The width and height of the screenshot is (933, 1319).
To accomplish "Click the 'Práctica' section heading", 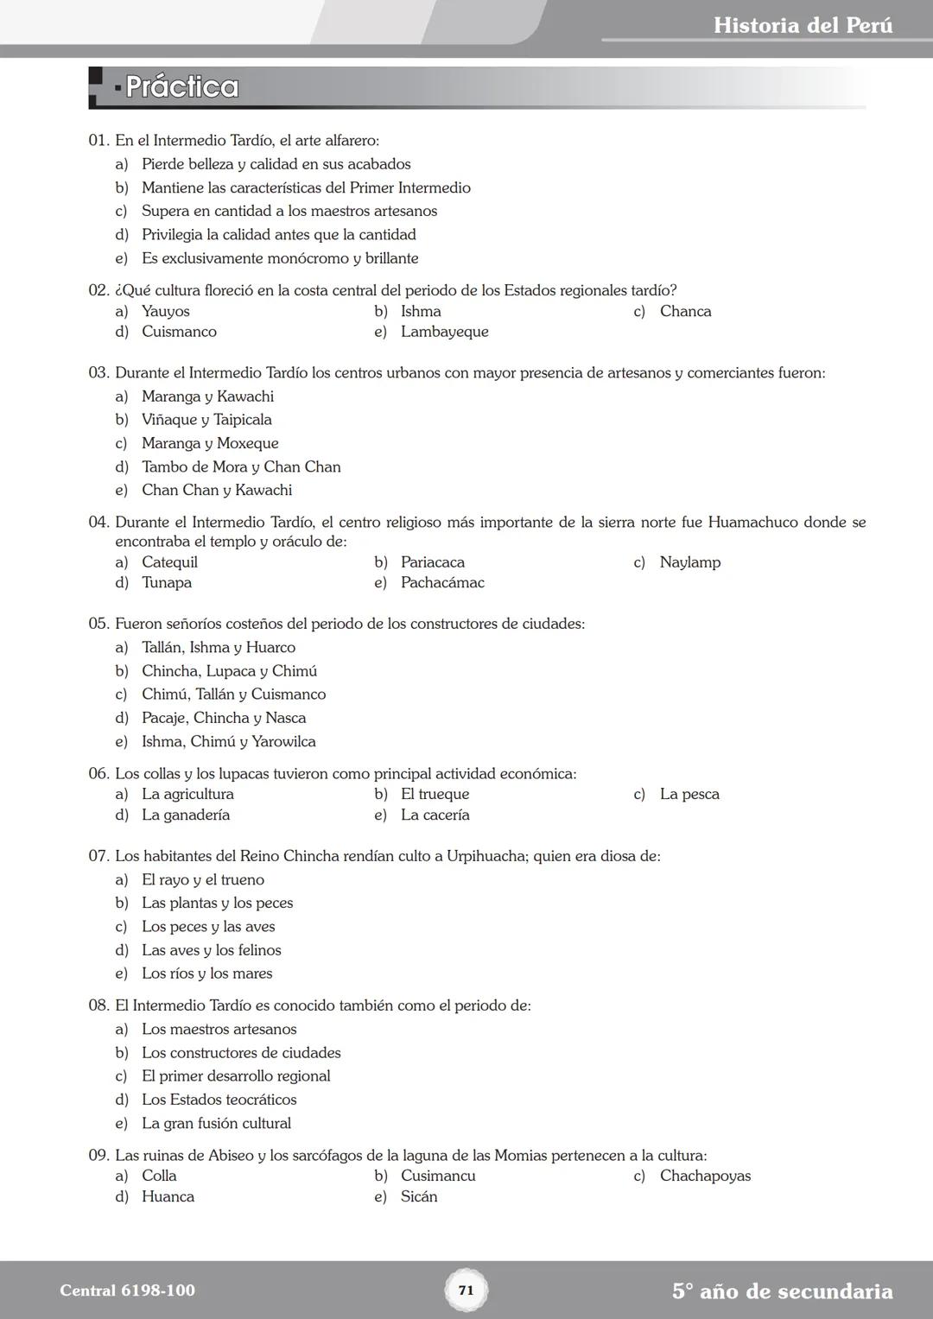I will (x=181, y=87).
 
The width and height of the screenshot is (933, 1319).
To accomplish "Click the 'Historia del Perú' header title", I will (x=803, y=25).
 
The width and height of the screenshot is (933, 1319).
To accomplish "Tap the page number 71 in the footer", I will (x=466, y=1290).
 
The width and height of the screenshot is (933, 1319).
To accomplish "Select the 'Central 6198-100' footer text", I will (x=127, y=1290).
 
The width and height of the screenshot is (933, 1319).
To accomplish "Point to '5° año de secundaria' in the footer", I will (x=782, y=1291).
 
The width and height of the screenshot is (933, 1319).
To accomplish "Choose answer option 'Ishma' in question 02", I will (x=421, y=311).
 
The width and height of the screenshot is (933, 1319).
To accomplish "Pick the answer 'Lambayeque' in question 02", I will (x=444, y=332).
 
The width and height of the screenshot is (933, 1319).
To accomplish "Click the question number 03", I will (x=98, y=373).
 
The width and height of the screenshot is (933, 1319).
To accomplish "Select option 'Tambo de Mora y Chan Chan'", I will (x=241, y=466).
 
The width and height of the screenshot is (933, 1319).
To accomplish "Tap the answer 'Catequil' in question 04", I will (x=169, y=562).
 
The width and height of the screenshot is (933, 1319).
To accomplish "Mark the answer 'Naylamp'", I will (x=689, y=562).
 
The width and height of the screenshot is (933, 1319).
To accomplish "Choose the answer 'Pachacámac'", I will (x=442, y=583).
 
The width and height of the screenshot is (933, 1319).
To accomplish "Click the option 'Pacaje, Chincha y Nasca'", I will (x=224, y=718).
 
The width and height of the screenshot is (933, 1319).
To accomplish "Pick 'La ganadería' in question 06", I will (x=186, y=815).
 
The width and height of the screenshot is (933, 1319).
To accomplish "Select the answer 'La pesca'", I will (x=689, y=794).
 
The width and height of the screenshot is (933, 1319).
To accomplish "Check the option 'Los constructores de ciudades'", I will (x=241, y=1053).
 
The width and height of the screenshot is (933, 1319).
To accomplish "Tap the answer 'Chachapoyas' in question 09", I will (x=705, y=1176).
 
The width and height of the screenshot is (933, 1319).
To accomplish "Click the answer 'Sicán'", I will (x=419, y=1196).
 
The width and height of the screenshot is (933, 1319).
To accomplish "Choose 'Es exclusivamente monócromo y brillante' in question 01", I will (x=280, y=258).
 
